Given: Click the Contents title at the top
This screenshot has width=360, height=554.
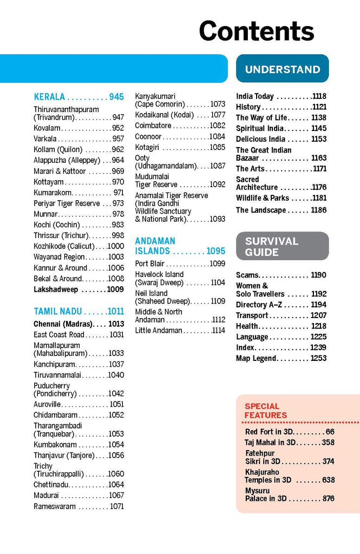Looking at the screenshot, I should pos(257,31).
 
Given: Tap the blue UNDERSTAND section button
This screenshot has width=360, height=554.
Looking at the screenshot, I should pos(282,69).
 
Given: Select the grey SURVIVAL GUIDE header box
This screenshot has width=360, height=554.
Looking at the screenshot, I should pos(282,247).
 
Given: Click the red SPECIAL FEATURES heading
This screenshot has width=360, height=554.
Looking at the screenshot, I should pos(266,411).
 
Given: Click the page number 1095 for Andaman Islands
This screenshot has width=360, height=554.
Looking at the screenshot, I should pos(215,251).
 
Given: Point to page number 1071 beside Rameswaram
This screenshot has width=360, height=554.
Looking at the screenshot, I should pos(117,506).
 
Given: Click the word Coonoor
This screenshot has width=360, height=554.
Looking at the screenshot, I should pos(148,137).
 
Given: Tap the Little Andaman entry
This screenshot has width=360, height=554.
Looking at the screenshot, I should pos(159,331).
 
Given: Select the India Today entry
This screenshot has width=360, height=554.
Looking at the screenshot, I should pos(255,96).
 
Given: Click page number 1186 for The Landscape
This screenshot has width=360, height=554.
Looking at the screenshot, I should pos(319,210).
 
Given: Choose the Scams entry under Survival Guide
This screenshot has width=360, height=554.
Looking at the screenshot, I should pos(247,275).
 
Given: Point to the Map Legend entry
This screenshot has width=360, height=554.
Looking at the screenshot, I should pos(257,358).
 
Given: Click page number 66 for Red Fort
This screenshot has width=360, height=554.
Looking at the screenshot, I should pos(330,432).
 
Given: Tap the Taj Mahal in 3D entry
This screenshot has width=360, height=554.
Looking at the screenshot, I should pos(270,443).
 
